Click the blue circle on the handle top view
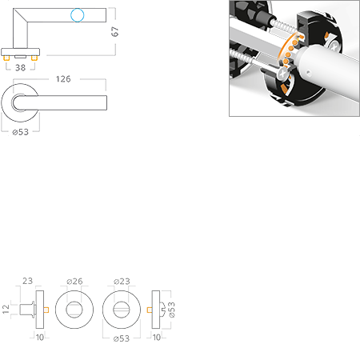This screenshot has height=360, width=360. (77, 14)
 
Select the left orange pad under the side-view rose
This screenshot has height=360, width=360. (9, 59)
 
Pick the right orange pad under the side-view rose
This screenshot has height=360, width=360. (34, 59)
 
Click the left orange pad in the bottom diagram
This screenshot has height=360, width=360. (47, 309)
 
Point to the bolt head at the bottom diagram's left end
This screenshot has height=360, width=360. (26, 309)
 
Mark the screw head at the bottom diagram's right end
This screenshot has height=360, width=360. (163, 309)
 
